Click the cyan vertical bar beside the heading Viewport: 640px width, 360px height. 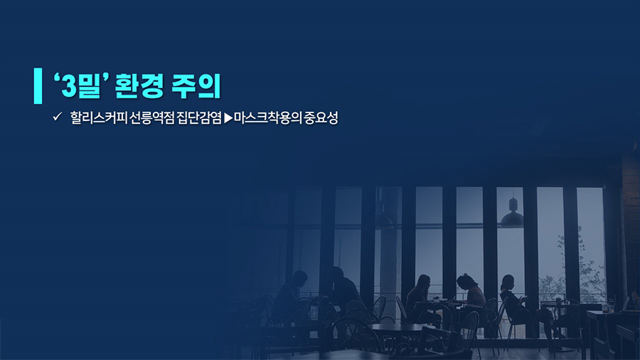(x=38, y=85)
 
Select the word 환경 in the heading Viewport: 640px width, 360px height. (x=139, y=85)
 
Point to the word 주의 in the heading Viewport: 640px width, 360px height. (x=196, y=85)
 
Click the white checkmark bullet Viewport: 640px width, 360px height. (x=57, y=117)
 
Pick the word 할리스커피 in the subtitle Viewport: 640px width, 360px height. (x=99, y=118)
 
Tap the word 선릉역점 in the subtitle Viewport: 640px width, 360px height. (x=152, y=118)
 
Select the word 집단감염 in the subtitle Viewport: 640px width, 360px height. (x=199, y=118)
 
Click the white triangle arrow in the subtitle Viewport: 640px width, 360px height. (x=228, y=118)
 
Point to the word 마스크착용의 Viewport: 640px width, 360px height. (x=267, y=118)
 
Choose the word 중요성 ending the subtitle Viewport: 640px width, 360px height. (x=321, y=118)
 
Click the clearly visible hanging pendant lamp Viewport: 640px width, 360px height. (x=512, y=213)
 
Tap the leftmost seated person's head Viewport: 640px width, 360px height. (x=299, y=279)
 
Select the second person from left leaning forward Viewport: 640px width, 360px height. (x=343, y=287)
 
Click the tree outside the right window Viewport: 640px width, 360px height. (x=580, y=270)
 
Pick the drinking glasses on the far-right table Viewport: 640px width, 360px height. (x=608, y=307)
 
